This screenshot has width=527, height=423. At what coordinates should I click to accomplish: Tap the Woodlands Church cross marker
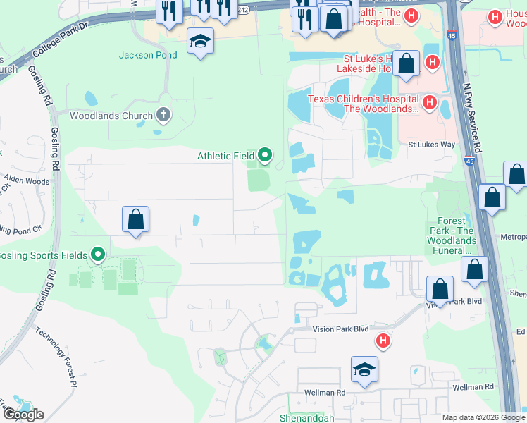(163, 116)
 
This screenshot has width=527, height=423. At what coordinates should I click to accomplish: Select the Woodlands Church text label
(111, 116)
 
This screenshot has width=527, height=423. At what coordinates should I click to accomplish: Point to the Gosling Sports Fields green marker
(98, 255)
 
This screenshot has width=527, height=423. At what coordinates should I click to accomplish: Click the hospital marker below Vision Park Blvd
(383, 341)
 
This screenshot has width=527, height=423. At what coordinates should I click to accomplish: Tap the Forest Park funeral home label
(451, 235)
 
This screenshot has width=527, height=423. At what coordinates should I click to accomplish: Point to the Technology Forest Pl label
(56, 358)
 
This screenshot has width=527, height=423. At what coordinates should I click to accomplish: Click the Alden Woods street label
(27, 181)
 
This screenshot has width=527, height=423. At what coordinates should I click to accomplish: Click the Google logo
(23, 415)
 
